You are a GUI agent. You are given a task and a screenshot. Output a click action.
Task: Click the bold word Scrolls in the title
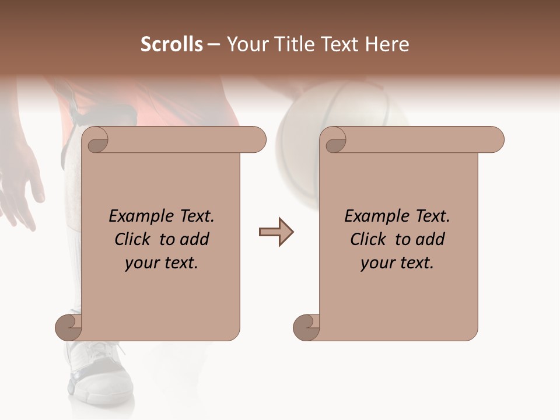(x=171, y=44)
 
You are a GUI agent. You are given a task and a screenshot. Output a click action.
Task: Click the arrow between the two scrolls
(x=276, y=232)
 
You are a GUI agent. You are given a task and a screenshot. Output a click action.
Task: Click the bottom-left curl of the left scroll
(x=69, y=328)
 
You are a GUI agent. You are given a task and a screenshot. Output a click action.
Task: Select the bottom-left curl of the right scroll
(x=306, y=328)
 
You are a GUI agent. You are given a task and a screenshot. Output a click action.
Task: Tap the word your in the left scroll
(x=141, y=264)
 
